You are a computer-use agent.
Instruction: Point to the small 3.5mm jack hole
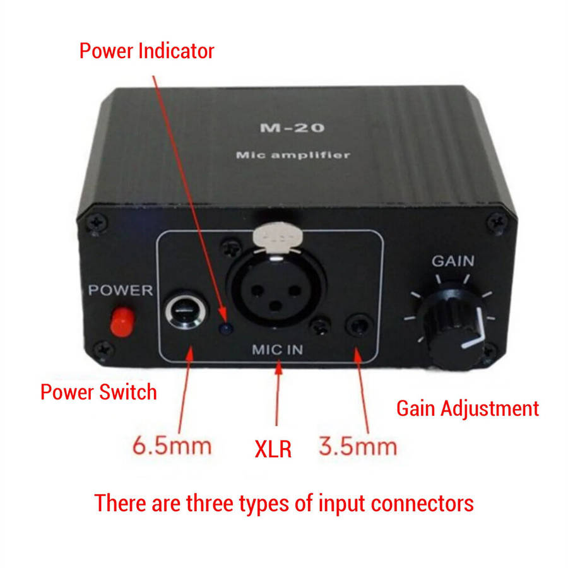coord(359,326)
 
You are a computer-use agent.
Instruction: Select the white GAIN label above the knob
coord(453,261)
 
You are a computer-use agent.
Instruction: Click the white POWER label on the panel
coord(120,291)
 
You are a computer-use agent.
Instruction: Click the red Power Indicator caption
coord(146,51)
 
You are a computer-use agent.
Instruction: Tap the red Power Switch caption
coord(98,392)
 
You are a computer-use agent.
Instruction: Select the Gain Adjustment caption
coord(468,408)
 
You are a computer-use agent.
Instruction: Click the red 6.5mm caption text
coord(171,446)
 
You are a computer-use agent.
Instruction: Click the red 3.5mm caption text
coord(358,446)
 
